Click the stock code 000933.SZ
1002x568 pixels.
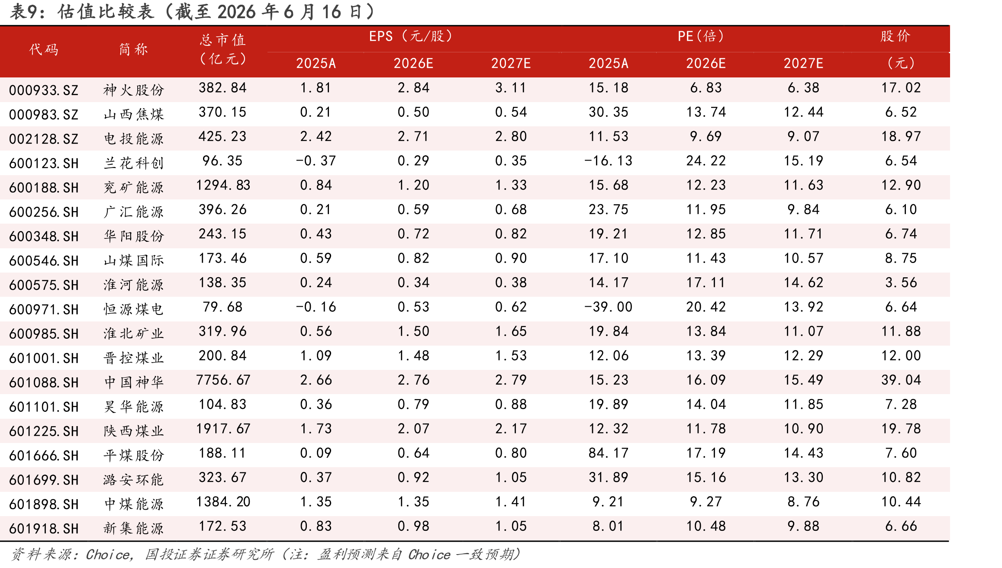click(x=44, y=90)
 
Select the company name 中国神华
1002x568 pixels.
click(x=134, y=382)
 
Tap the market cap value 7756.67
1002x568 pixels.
click(x=223, y=380)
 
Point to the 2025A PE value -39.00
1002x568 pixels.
click(x=608, y=307)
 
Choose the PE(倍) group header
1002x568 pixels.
click(x=700, y=36)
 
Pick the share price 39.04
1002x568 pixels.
click(x=901, y=380)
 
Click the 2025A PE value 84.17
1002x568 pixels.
click(x=608, y=453)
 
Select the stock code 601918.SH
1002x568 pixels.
click(x=44, y=528)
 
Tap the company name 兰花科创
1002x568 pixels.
click(x=134, y=163)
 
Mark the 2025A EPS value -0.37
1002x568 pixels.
click(x=316, y=160)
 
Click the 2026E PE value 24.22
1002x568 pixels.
click(x=706, y=160)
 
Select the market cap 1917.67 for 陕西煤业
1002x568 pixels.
click(x=223, y=428)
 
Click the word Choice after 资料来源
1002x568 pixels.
click(x=109, y=554)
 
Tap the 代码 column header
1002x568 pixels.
click(x=44, y=49)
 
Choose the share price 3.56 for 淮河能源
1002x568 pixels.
click(x=901, y=282)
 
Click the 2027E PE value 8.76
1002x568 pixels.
click(x=804, y=501)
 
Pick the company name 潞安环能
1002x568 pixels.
click(x=134, y=480)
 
